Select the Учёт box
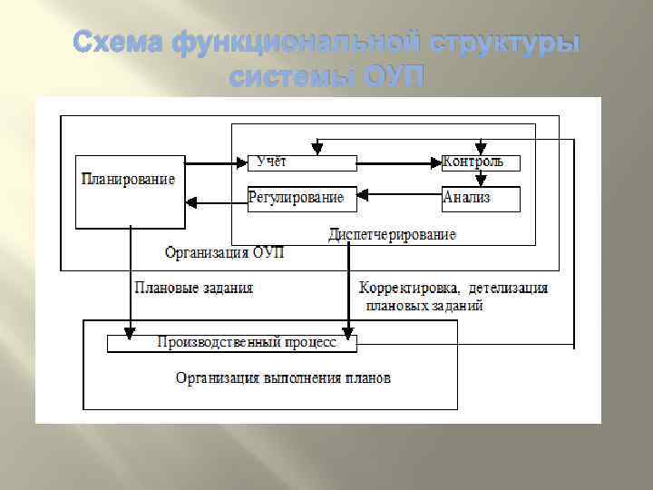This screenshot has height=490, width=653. click(301, 162)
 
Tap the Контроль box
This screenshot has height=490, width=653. click(482, 162)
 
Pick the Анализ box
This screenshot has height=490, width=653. click(482, 198)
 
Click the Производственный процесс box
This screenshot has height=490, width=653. click(232, 343)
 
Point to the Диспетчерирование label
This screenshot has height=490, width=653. click(392, 235)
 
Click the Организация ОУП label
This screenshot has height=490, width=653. click(225, 252)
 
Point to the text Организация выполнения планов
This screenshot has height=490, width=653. click(284, 377)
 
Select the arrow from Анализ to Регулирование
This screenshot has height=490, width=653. click(399, 194)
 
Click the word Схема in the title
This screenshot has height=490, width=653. click(120, 43)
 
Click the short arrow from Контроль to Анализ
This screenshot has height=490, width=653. click(481, 179)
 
